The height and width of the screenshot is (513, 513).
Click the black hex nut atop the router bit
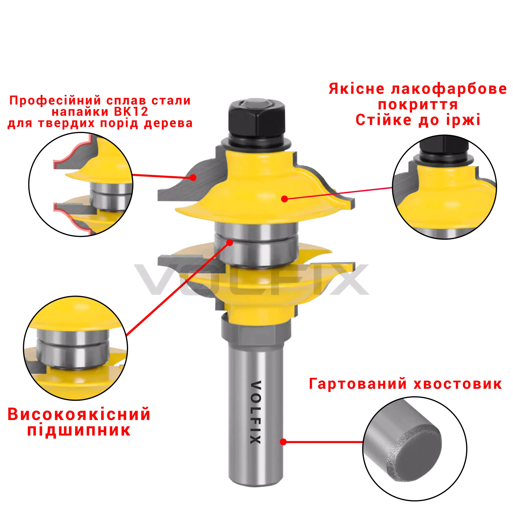coord(257,118)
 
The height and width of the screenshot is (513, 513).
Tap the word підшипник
coord(79,431)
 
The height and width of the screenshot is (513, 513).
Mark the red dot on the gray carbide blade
coord(193,177)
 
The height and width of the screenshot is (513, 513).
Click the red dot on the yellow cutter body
coord(284,199)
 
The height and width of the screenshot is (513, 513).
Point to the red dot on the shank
coord(283,442)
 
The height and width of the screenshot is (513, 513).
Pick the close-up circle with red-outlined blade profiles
coord(81,184)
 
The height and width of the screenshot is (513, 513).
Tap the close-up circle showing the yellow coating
coord(444,187)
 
